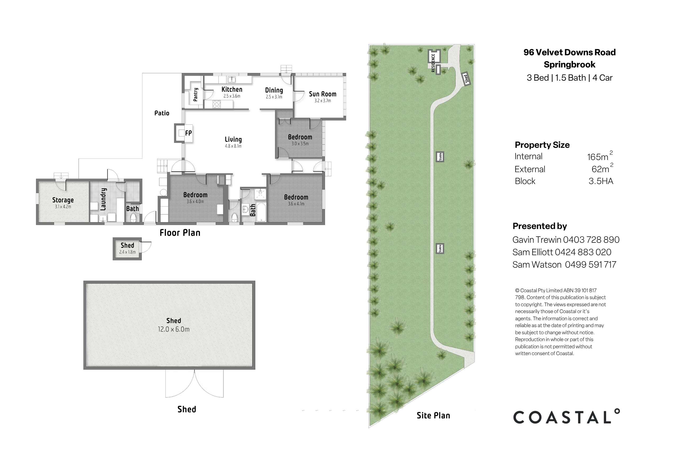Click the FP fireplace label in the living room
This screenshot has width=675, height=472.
[188, 133]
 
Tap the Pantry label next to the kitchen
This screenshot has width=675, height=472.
[195, 95]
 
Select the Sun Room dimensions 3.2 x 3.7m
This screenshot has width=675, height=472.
[323, 100]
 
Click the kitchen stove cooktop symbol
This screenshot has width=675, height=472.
[217, 104]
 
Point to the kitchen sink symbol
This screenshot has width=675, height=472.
[232, 79]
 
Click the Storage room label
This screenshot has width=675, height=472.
[63, 200]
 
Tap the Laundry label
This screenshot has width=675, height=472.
[103, 199]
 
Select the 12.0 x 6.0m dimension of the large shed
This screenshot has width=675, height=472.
[173, 329]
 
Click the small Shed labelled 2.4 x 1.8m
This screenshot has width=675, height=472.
[127, 249]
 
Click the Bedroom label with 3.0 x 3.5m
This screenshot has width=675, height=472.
[300, 137]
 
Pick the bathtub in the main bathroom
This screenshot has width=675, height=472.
[261, 212]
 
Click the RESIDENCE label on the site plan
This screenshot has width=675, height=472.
[433, 63]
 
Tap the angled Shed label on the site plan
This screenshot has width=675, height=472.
[466, 79]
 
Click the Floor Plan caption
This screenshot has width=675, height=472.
[180, 233]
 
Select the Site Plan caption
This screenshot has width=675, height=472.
[433, 415]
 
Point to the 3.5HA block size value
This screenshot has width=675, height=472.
[601, 181]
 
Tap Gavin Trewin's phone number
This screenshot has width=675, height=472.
[591, 240]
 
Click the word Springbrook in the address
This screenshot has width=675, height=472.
[569, 65]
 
